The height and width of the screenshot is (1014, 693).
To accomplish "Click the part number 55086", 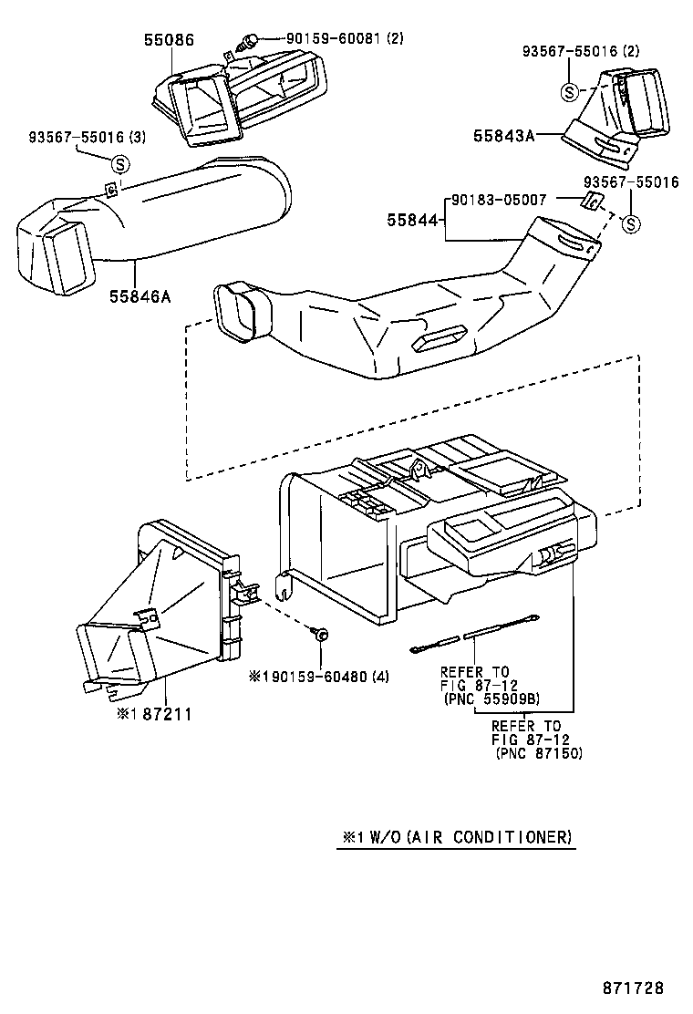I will click(x=169, y=39).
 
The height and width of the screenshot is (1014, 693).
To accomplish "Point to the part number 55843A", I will click(x=503, y=135).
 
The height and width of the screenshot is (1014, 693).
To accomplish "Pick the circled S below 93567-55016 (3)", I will click(x=119, y=164).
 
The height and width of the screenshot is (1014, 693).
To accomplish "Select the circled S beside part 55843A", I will click(x=569, y=92).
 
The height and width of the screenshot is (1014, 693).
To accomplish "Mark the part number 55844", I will click(x=412, y=220).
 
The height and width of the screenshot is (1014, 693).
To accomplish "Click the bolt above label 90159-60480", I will click(x=321, y=633).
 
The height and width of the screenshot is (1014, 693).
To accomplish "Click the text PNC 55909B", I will click(x=491, y=699).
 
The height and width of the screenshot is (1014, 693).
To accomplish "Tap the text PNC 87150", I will click(x=539, y=754).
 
